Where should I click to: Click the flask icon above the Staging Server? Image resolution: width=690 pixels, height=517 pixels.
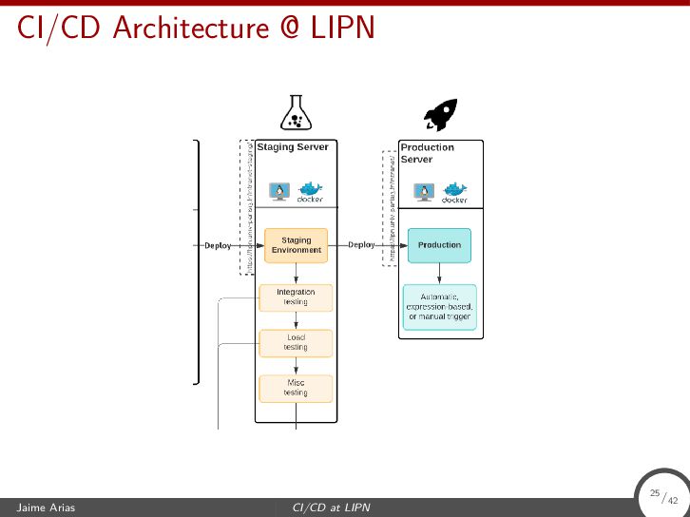tap(295, 113)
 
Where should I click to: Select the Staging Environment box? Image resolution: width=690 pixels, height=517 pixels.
tap(296, 245)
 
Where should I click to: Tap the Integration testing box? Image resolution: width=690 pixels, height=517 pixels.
tap(296, 297)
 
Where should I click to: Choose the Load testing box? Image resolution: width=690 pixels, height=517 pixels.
tap(296, 342)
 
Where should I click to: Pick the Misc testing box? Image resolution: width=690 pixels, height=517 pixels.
tap(296, 388)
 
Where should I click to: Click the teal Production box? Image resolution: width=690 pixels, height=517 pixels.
tap(439, 245)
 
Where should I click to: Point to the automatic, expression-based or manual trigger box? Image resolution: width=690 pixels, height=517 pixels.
tap(439, 307)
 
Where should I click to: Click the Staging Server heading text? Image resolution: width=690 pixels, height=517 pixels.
tap(293, 147)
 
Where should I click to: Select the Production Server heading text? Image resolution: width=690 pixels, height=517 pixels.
tap(427, 153)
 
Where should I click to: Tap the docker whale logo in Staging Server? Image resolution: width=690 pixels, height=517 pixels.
tap(311, 191)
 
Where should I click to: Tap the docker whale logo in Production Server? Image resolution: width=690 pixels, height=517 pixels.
tap(454, 191)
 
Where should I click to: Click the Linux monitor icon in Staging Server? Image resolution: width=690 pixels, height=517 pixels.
tap(279, 192)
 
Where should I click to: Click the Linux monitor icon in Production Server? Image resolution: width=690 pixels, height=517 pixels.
tap(424, 192)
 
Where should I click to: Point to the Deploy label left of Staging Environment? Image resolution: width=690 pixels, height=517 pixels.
tap(218, 245)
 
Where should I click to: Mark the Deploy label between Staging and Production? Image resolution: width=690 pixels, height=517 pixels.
tap(361, 245)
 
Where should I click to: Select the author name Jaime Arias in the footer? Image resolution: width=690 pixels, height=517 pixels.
tap(46, 507)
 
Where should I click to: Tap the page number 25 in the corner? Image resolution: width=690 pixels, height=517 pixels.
tap(655, 493)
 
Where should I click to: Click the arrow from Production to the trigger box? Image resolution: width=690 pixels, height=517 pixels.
tap(439, 274)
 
